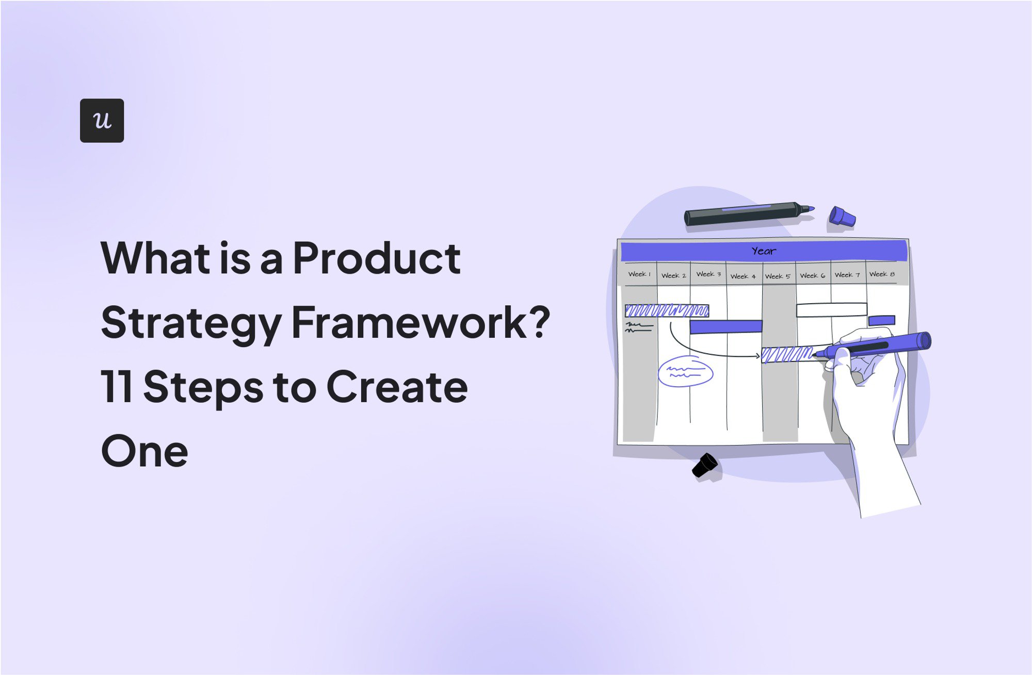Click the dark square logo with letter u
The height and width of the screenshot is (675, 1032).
point(102,120)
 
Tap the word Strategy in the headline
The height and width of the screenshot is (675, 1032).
point(191,323)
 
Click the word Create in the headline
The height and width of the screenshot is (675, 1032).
point(397,387)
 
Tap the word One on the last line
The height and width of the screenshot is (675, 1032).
point(144,451)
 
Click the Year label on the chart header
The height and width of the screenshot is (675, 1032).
point(763,251)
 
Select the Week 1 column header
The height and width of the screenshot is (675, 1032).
point(639,274)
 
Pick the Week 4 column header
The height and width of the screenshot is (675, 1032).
point(743,276)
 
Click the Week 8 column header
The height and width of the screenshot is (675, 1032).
point(881,274)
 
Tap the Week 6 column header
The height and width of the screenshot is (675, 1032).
point(812,276)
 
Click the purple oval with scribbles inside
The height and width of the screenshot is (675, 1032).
point(685,372)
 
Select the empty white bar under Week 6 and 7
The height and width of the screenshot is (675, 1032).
point(831,310)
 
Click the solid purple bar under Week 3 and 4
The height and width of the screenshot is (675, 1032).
point(725,326)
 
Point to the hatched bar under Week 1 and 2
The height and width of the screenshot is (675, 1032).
point(667,310)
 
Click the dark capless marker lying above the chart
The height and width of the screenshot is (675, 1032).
point(743,213)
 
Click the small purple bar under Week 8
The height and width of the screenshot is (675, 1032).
point(881,321)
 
